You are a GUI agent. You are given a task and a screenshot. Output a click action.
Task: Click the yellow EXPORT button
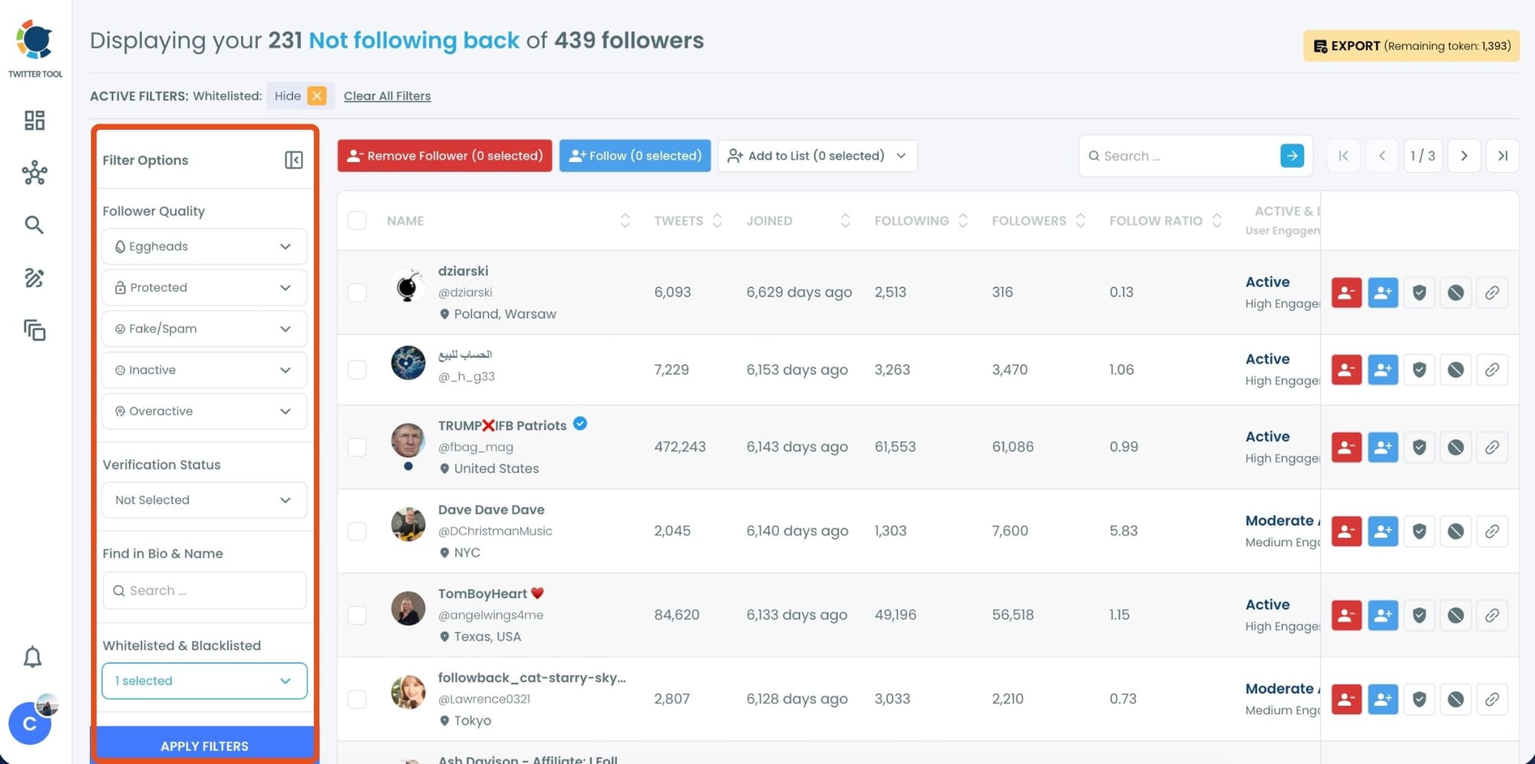(x=1411, y=46)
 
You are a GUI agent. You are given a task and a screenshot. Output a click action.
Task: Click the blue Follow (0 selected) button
(x=635, y=156)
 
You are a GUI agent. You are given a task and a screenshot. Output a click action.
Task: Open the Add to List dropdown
(x=817, y=156)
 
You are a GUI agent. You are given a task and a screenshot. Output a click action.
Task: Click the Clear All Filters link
(x=387, y=96)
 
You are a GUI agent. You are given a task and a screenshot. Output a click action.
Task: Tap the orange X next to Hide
(x=317, y=96)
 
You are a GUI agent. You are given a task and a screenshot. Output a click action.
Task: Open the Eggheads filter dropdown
(x=204, y=246)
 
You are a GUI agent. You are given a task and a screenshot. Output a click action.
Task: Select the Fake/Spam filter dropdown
(x=204, y=329)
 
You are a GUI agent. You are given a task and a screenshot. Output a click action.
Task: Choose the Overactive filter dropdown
(x=204, y=412)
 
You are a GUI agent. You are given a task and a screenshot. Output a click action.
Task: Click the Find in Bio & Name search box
(x=204, y=590)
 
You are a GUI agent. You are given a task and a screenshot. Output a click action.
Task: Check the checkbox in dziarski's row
(x=357, y=293)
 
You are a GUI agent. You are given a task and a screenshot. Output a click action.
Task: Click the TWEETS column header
(x=678, y=221)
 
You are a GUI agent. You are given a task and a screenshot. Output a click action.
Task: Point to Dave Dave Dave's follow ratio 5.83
(x=1124, y=531)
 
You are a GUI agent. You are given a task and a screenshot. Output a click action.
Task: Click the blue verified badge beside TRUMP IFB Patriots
(x=580, y=424)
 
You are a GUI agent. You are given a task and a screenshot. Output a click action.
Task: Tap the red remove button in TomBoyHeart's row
(x=1346, y=615)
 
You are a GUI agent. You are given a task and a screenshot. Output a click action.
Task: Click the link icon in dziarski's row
(x=1491, y=293)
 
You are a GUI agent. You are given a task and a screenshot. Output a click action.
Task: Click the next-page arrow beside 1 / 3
(x=1464, y=156)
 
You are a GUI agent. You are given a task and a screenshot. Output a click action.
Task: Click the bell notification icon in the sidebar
(x=33, y=657)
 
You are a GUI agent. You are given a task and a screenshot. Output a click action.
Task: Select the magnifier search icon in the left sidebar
(x=34, y=225)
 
